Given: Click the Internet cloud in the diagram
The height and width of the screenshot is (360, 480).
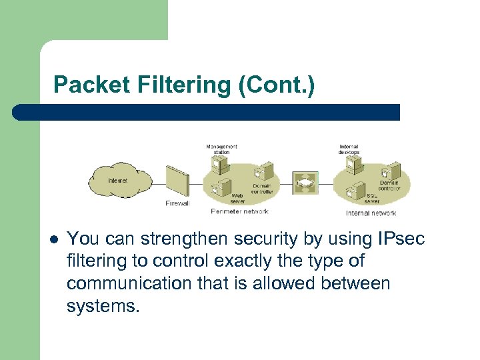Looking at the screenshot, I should coord(119,180).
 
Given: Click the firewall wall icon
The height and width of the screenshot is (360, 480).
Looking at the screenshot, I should coord(177,180).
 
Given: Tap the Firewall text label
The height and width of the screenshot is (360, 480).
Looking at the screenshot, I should coord(177,203).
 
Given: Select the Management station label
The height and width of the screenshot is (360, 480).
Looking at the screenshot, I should coord(221,149).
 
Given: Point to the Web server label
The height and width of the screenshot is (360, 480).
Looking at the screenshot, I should coord(238,198).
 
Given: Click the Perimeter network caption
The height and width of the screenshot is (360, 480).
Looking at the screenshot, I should coord(239,211).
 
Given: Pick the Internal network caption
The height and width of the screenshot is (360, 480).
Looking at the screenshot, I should coord(371,213).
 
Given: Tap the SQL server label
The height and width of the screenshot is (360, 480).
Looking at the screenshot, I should coord(372,199).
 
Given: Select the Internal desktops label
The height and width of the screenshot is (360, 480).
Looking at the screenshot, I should coord(349,149).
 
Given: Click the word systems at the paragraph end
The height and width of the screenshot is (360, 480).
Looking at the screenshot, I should coord(103,306).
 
